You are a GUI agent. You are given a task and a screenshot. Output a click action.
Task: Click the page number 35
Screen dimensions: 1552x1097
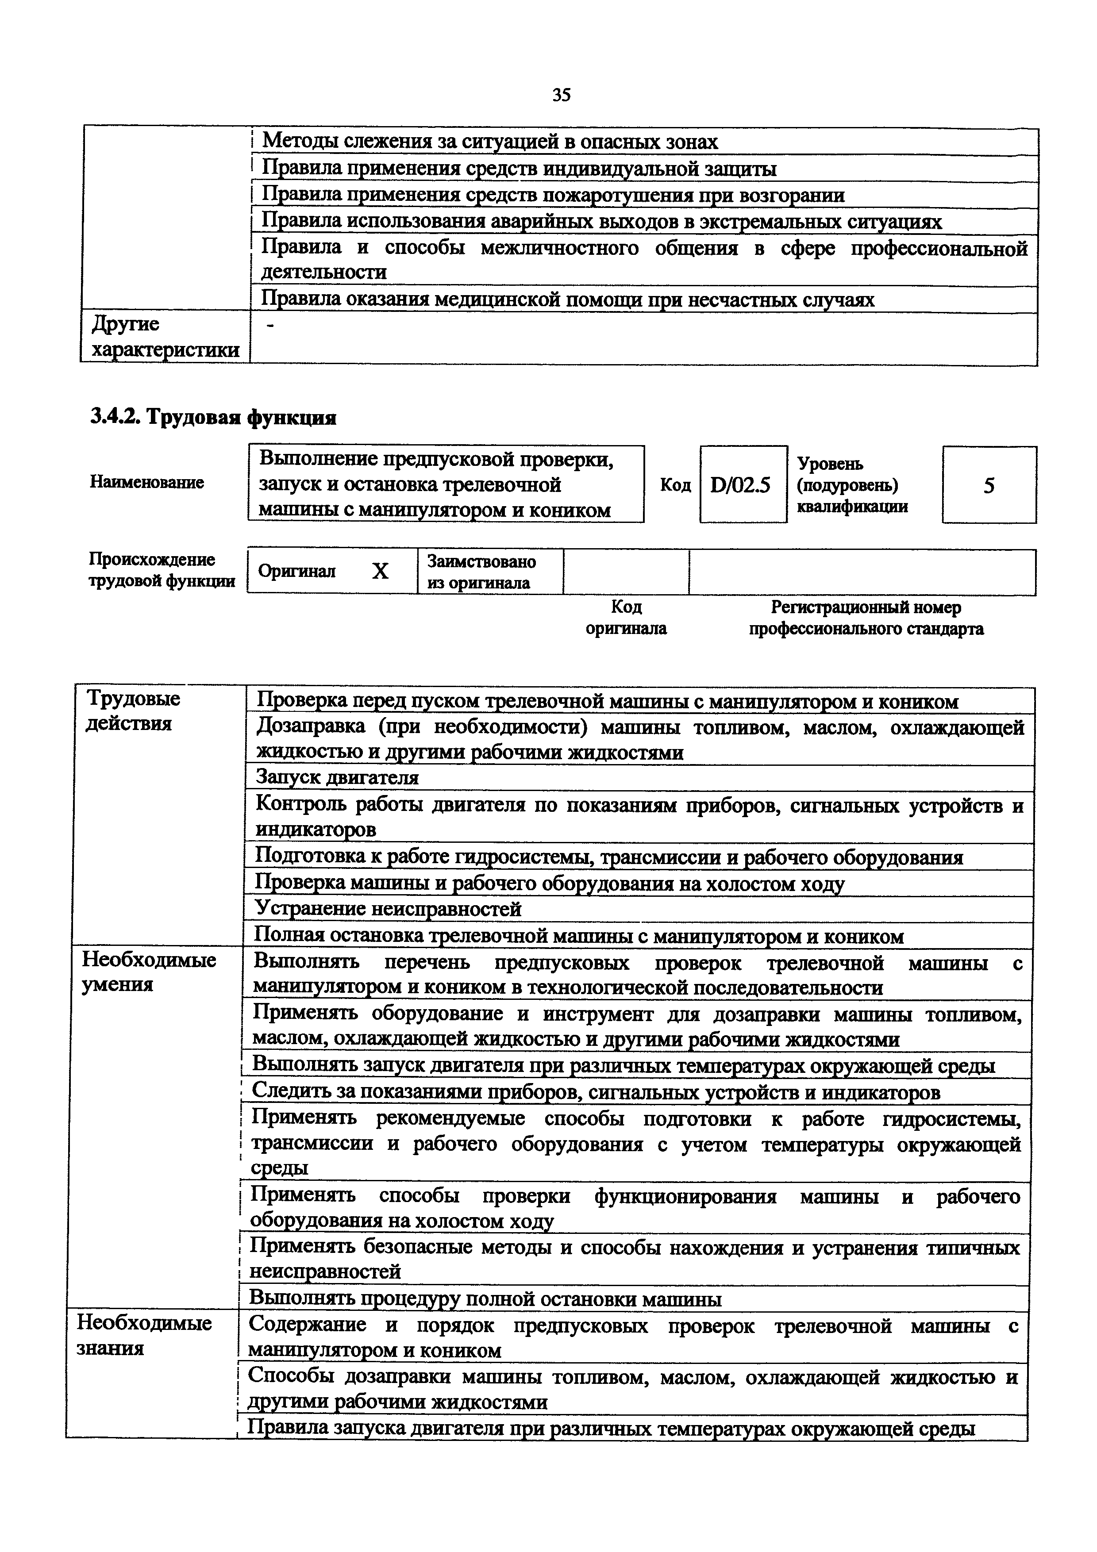click(x=561, y=95)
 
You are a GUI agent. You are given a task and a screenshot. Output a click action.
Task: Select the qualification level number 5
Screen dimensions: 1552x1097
click(x=989, y=485)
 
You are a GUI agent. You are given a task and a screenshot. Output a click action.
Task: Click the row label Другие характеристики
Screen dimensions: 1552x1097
click(x=165, y=337)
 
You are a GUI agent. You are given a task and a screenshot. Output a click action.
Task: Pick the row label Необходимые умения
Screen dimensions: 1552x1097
click(x=149, y=972)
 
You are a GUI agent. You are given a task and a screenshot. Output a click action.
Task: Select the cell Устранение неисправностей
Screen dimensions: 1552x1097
click(x=388, y=908)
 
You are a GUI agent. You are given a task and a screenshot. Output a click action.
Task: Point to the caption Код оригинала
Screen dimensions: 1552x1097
click(x=626, y=618)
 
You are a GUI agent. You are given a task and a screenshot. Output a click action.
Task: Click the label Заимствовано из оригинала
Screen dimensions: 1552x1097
click(x=481, y=572)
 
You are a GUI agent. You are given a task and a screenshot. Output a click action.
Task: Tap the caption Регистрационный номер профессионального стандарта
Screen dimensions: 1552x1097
click(x=866, y=618)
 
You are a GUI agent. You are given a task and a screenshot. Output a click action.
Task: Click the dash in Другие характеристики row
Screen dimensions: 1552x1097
click(x=271, y=327)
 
